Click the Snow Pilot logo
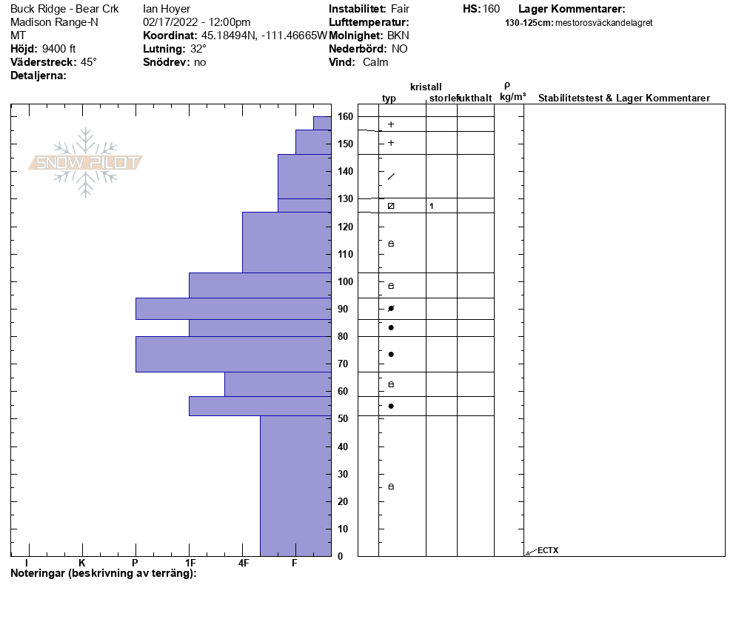[x=86, y=163]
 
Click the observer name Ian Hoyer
[x=167, y=9]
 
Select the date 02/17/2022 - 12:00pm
[x=197, y=22]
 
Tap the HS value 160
[x=491, y=9]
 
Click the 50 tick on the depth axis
[x=343, y=419]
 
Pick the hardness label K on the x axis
[x=82, y=563]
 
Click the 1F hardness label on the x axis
[x=190, y=563]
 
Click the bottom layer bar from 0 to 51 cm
[x=295, y=485]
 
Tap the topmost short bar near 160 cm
[x=322, y=123]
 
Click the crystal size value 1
[x=432, y=206]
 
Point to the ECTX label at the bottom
[x=548, y=550]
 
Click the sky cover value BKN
[x=398, y=36]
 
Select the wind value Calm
[x=375, y=62]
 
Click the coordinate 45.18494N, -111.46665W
[x=264, y=36]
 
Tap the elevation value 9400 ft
[x=59, y=49]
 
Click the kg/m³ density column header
[x=512, y=97]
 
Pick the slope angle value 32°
[x=198, y=49]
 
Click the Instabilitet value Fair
[x=400, y=9]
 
